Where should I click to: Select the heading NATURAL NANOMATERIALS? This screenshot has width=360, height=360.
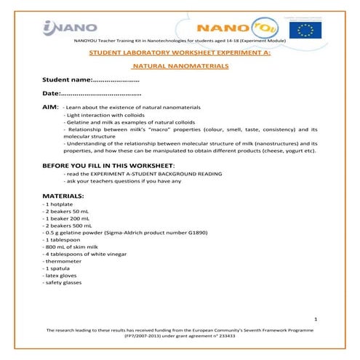point(180,66)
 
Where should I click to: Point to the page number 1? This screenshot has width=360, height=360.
point(316,319)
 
